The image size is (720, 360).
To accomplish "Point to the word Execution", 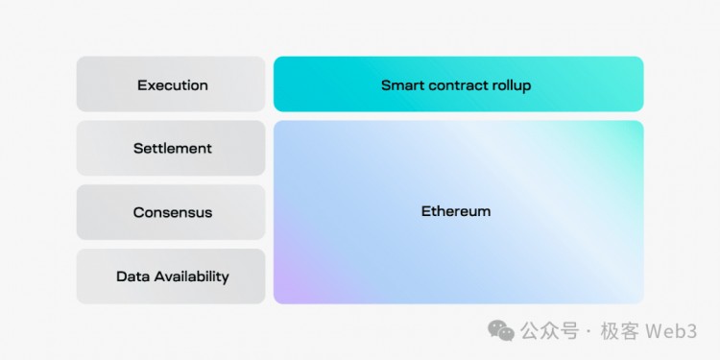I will (x=173, y=84).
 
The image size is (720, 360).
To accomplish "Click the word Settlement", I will (x=173, y=149).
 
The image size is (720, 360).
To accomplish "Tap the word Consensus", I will (x=173, y=212).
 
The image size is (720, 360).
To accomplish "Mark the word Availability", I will (x=191, y=276).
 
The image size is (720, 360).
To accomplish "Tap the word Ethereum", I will (x=456, y=211).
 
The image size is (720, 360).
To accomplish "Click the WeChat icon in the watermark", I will (x=500, y=330).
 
